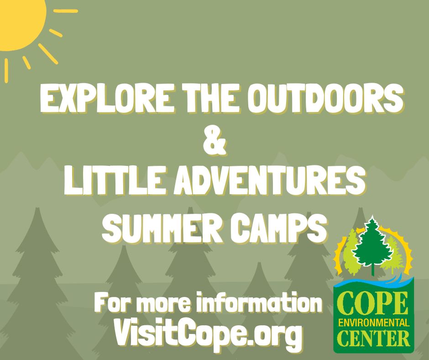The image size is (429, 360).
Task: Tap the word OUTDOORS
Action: (x=327, y=98)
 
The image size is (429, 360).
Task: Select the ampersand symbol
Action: (x=214, y=142)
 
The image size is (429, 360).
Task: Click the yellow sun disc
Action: (x=19, y=22)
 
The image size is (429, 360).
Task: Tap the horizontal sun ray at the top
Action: (x=66, y=11)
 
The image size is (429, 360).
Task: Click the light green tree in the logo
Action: (x=351, y=252)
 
